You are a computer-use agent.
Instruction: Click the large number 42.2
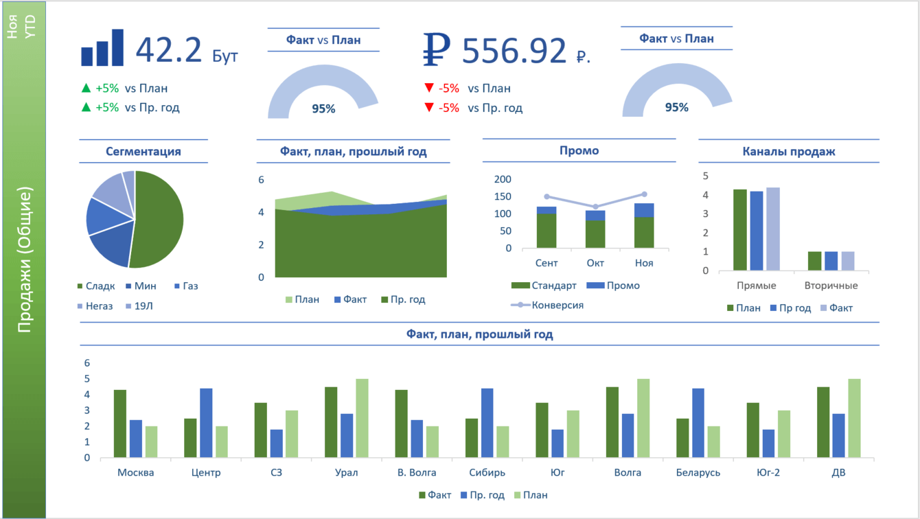[x=169, y=50]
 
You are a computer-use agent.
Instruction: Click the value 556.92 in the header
[x=514, y=50]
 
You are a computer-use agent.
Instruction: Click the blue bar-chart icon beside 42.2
[x=102, y=48]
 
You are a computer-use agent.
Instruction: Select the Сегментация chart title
[x=143, y=151]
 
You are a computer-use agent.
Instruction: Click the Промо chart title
[x=579, y=150]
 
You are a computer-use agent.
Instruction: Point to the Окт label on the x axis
[x=595, y=263]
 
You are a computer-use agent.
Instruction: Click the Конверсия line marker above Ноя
[x=644, y=194]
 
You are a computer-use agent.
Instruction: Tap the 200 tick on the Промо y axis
[x=503, y=179]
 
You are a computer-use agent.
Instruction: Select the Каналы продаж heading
[x=789, y=151]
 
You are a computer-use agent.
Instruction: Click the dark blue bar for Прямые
[x=757, y=231]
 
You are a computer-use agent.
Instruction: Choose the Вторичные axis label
[x=831, y=285]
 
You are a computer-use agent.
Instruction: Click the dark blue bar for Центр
[x=206, y=423]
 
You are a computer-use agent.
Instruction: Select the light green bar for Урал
[x=362, y=418]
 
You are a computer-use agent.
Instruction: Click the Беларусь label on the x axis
[x=698, y=472]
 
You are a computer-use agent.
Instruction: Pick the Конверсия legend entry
[x=557, y=305]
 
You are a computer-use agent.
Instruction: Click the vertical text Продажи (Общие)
[x=25, y=261]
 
